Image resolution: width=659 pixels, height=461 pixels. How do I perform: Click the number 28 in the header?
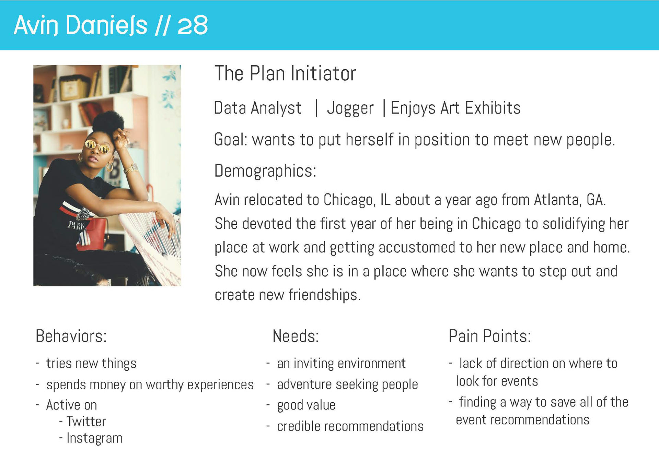193,25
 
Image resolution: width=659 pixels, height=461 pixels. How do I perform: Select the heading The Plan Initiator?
285,73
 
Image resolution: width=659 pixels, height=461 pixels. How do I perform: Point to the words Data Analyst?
257,108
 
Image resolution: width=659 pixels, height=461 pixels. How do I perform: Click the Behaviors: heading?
71,336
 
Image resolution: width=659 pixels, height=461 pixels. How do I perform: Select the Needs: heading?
296,336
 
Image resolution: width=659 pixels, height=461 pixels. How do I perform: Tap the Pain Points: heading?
490,336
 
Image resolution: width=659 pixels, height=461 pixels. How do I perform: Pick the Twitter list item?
86,422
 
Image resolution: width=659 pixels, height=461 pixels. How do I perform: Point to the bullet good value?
306,405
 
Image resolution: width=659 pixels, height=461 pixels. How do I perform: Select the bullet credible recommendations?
350,426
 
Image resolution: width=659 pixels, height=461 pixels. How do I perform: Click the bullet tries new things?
91,364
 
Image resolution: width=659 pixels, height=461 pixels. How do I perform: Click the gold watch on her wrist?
131,168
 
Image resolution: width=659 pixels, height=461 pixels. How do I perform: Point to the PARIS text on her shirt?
76,225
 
